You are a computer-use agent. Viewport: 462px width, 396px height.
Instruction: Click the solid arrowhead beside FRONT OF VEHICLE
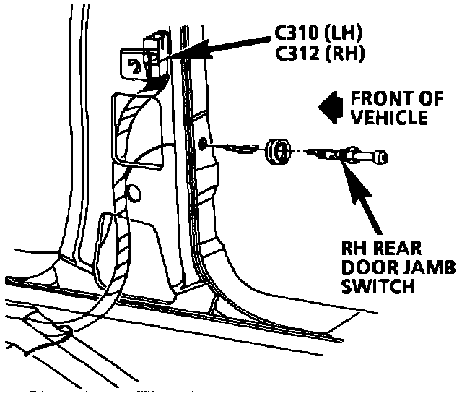click(330, 106)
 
